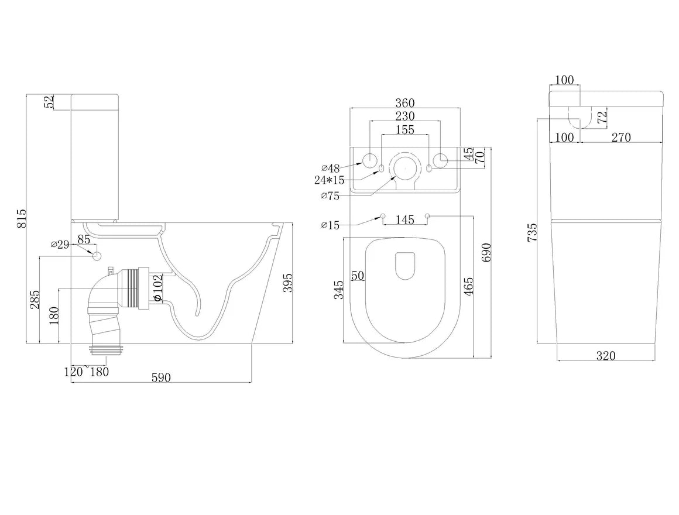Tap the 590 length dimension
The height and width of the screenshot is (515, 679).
(161, 377)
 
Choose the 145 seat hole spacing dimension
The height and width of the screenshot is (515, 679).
(404, 220)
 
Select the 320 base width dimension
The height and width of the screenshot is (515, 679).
(606, 355)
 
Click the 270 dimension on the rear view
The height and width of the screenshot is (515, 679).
(621, 137)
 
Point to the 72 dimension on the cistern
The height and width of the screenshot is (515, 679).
(601, 116)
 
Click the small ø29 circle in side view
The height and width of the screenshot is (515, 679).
(97, 256)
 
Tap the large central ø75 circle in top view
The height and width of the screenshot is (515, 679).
(404, 166)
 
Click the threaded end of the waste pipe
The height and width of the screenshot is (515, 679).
(108, 351)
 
